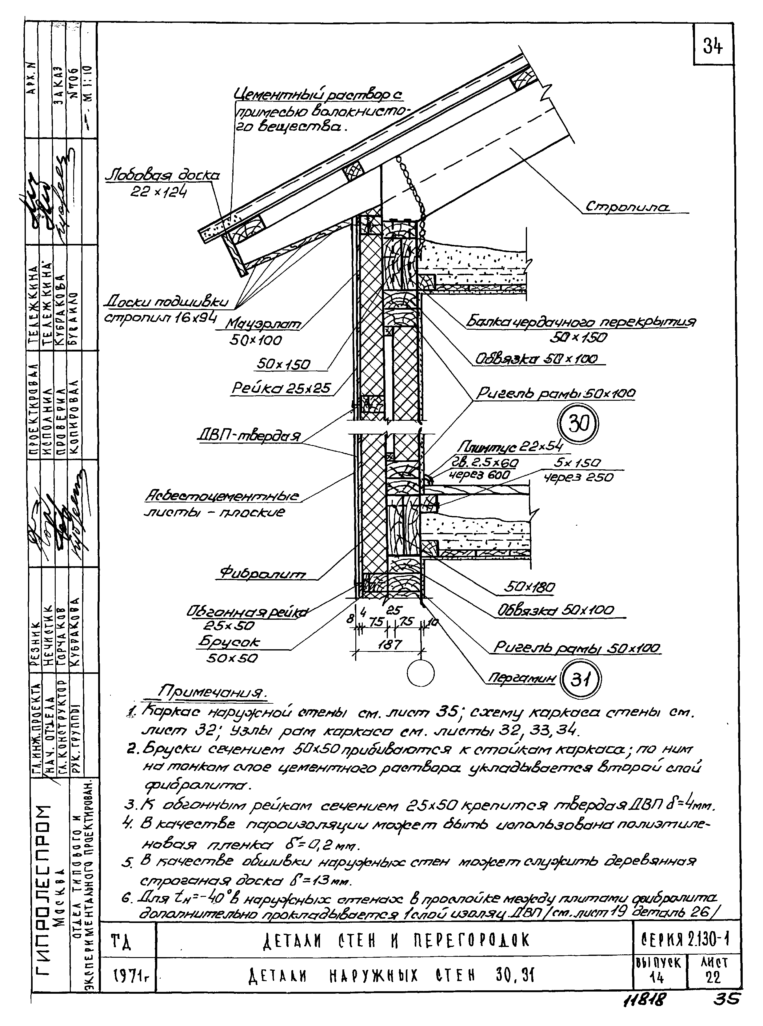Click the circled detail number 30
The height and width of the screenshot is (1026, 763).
[578, 424]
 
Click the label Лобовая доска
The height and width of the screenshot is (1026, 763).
[162, 176]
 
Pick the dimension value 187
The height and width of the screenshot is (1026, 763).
[389, 644]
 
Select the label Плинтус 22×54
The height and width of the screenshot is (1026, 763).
[510, 447]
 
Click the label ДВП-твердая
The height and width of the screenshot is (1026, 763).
[249, 435]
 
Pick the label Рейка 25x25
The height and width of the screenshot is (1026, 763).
[281, 388]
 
